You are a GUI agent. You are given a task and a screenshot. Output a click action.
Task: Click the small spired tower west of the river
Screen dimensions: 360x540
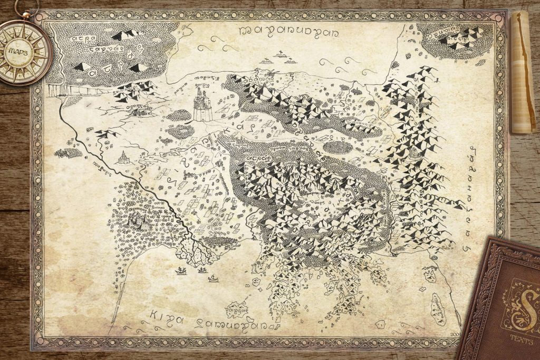point(123,157)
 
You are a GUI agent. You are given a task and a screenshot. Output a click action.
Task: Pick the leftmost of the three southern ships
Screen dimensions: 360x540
point(181,271)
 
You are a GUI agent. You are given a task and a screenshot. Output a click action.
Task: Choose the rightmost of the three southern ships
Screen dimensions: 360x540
point(213,278)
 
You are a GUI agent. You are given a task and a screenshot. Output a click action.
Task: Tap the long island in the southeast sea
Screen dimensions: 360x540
point(437,309)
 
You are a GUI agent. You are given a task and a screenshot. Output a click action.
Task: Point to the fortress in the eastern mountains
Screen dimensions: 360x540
point(416,153)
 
